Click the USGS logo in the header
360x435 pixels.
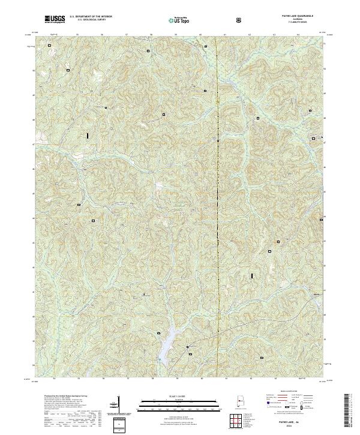[x=55, y=20]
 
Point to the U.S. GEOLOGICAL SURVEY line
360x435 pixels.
[x=86, y=20]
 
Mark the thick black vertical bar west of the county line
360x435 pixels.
[x=88, y=136]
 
